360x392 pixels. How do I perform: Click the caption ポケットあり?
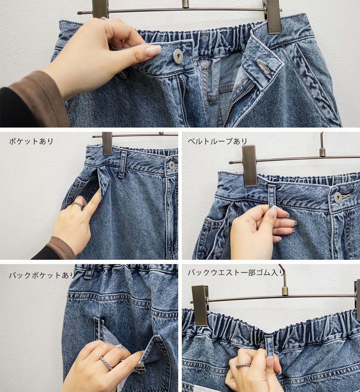(31, 141)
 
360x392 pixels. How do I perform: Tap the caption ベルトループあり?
(217, 141)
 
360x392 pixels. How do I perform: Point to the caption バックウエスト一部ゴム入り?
(236, 272)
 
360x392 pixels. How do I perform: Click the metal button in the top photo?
(178, 56)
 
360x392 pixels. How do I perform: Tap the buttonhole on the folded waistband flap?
(263, 66)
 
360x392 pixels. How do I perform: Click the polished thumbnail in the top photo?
(153, 50)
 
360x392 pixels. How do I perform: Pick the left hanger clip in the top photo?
(100, 9)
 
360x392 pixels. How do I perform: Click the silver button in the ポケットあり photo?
(172, 165)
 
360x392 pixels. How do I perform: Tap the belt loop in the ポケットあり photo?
(123, 164)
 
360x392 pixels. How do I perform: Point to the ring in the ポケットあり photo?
(77, 205)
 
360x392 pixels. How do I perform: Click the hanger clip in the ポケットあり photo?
(107, 143)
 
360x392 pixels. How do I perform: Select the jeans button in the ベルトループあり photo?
(338, 197)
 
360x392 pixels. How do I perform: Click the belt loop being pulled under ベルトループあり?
(272, 196)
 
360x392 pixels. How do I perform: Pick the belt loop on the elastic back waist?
(269, 344)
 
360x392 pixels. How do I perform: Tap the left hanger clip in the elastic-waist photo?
(200, 305)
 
